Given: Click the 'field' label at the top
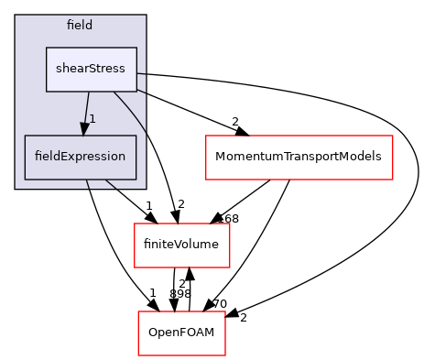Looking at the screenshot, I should tap(80, 25).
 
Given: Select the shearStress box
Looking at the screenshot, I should tap(92, 69).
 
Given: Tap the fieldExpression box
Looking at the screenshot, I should tap(81, 157).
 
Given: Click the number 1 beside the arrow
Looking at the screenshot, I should tap(92, 119).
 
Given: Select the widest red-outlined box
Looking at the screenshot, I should tap(299, 158).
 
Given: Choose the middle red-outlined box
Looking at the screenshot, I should tap(181, 245).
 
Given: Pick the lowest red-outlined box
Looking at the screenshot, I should tap(181, 333).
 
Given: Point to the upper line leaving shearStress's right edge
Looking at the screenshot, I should tap(143, 74).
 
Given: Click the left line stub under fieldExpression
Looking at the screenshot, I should tap(88, 184).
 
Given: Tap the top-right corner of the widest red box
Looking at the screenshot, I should tap(392, 136).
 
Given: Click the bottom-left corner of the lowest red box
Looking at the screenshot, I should tap(138, 355).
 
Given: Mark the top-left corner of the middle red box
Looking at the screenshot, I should tap(135, 224).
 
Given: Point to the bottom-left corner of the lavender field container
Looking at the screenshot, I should tap(16, 188).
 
